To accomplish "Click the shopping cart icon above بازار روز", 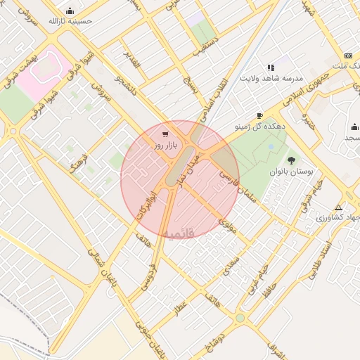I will point(165,134).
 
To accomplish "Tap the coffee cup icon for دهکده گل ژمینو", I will point(259,115).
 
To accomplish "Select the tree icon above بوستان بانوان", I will point(291,161).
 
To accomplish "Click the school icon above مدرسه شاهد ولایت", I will point(271,67).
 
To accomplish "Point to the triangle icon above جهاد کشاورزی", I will point(339,207).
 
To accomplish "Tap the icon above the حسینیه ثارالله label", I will point(70,11).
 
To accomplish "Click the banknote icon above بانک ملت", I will point(348,56).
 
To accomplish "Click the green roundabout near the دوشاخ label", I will point(240,318).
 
